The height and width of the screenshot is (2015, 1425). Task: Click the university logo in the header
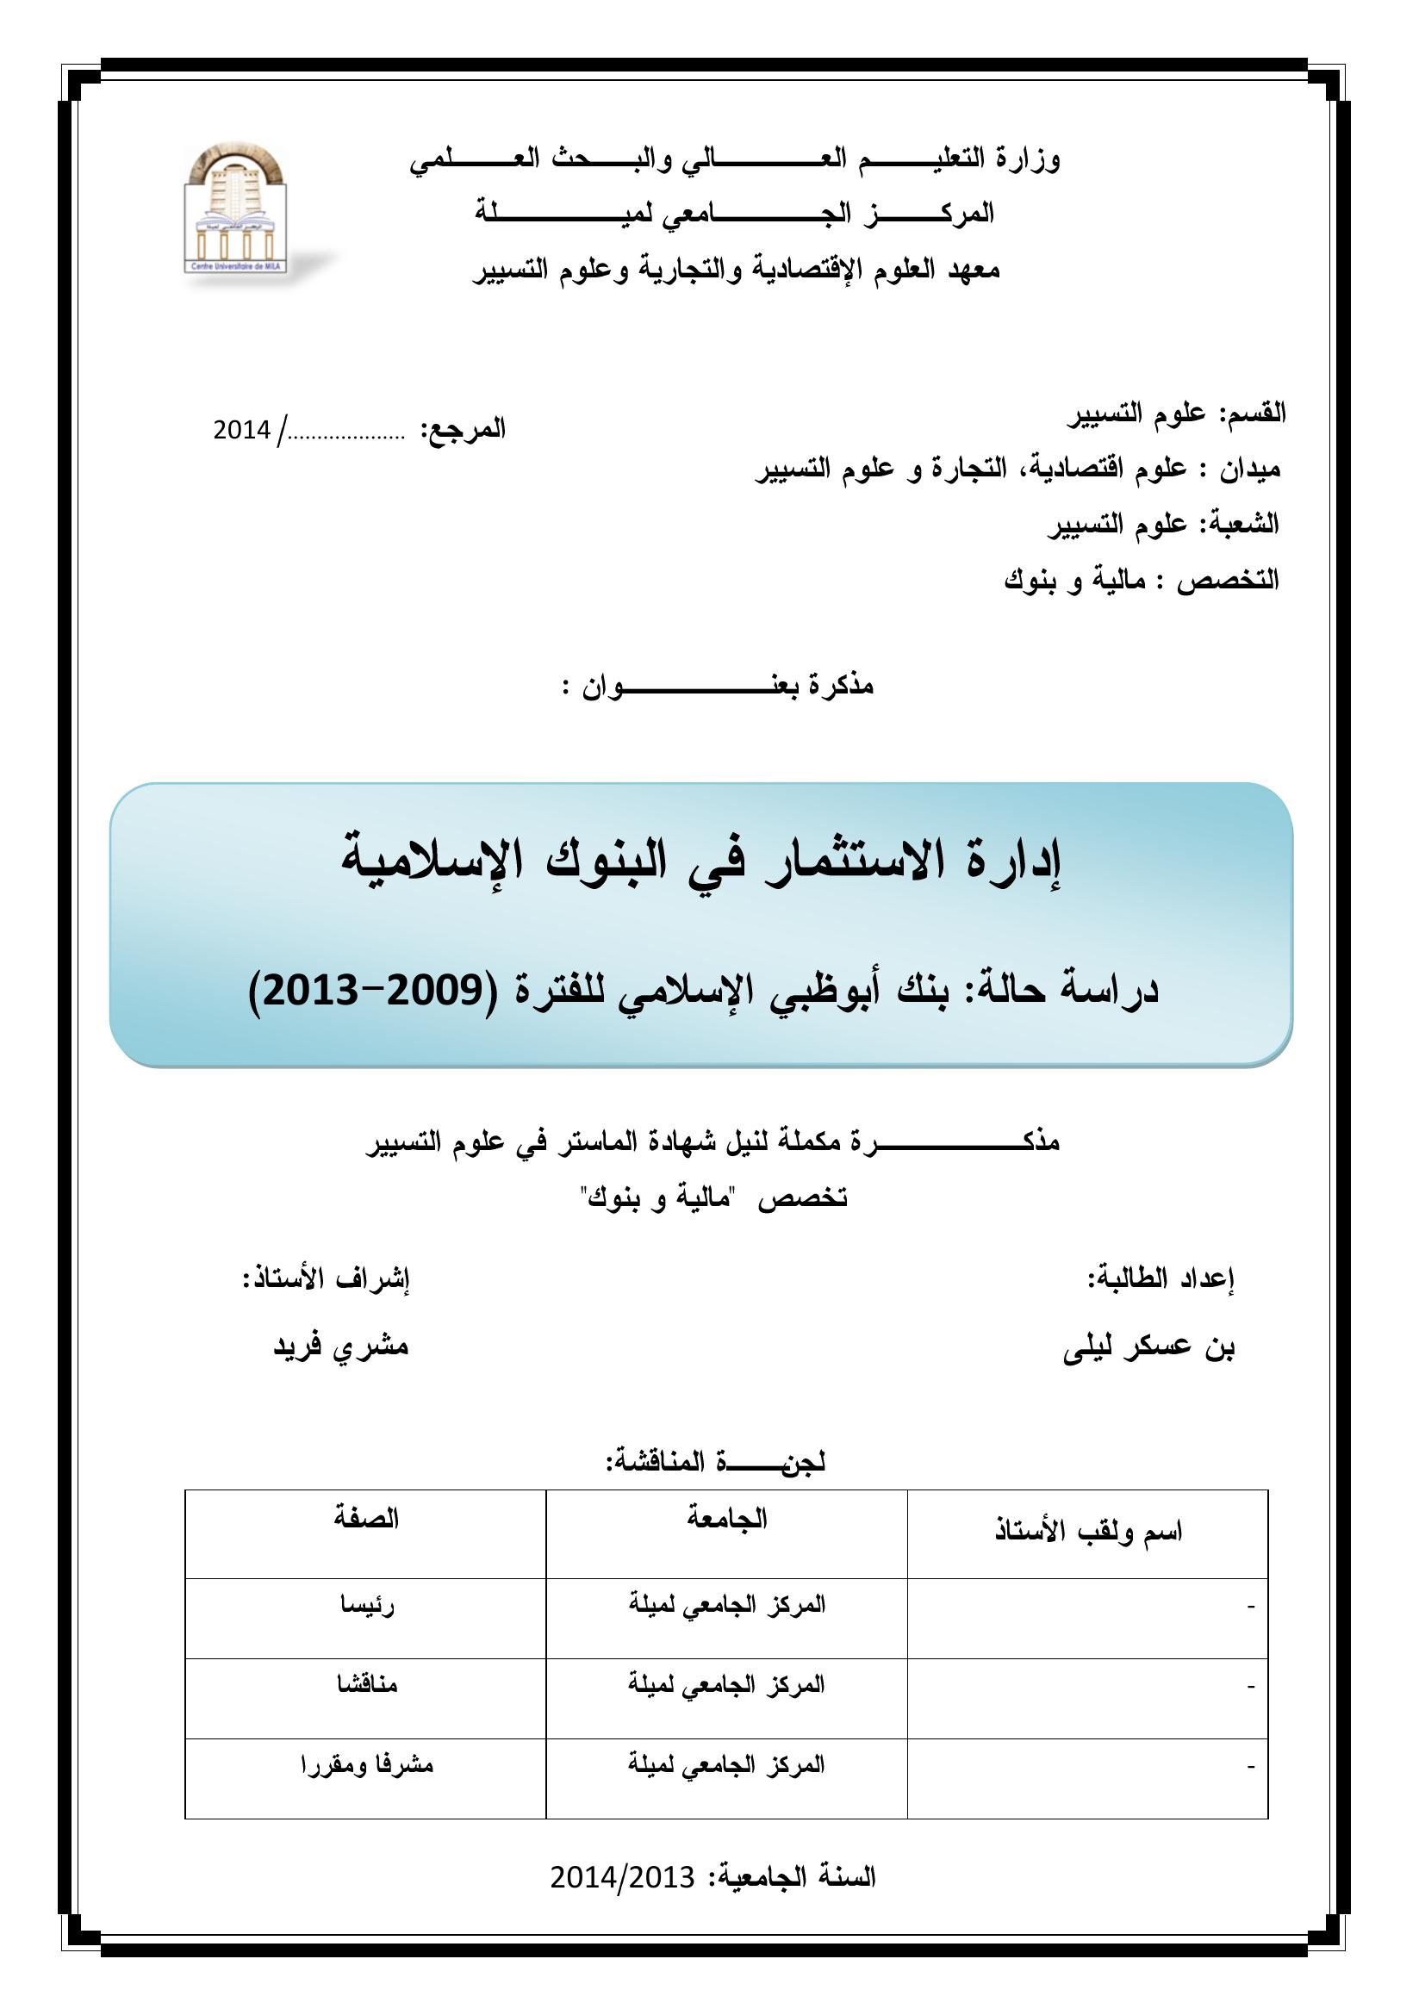[235, 208]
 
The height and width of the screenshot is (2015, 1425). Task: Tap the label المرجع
[464, 429]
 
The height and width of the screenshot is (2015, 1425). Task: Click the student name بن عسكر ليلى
[1148, 1347]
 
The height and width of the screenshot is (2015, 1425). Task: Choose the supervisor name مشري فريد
[340, 1346]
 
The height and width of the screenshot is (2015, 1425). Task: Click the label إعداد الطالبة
[1160, 1278]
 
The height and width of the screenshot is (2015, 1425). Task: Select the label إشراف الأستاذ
[327, 1278]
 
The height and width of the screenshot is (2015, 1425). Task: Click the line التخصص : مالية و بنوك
[1142, 580]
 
